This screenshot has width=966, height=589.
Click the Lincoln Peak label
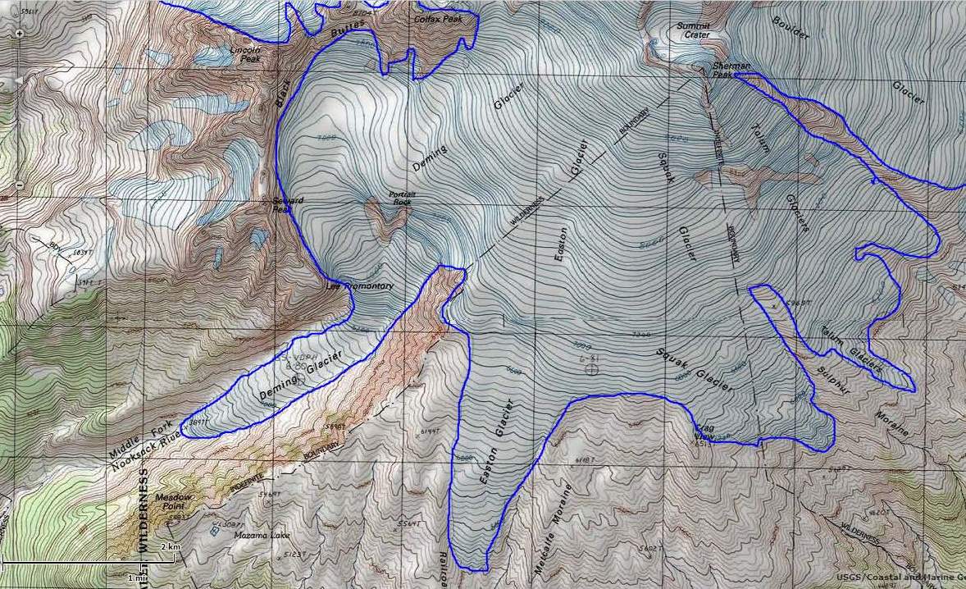click(x=244, y=54)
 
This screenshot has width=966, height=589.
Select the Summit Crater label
click(x=693, y=30)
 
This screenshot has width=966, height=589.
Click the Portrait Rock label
click(x=401, y=198)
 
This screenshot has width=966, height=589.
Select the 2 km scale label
click(x=170, y=546)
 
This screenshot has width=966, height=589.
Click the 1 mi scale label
click(x=136, y=578)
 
